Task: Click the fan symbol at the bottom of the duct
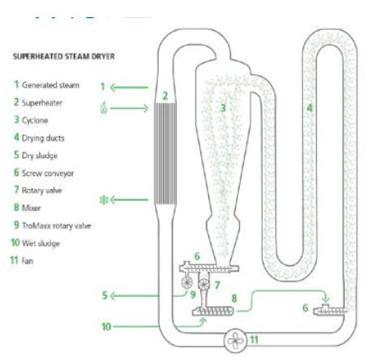click(236, 341)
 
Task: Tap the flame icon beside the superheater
click(104, 108)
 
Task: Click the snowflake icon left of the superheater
click(104, 200)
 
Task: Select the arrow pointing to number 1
click(130, 88)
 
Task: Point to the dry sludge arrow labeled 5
click(135, 296)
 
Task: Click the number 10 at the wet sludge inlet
click(106, 327)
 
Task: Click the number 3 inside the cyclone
click(223, 108)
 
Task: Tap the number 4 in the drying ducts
click(310, 108)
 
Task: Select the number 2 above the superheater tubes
click(165, 96)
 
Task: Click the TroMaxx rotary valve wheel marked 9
click(187, 283)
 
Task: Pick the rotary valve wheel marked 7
click(204, 284)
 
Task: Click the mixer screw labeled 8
click(212, 311)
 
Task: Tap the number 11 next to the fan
click(254, 340)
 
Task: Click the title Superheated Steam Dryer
click(64, 57)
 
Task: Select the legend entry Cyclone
click(31, 120)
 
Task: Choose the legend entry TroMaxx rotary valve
click(53, 225)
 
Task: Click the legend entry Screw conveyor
click(44, 173)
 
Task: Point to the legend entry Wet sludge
click(35, 243)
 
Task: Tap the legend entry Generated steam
click(46, 85)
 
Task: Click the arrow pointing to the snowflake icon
click(130, 200)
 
